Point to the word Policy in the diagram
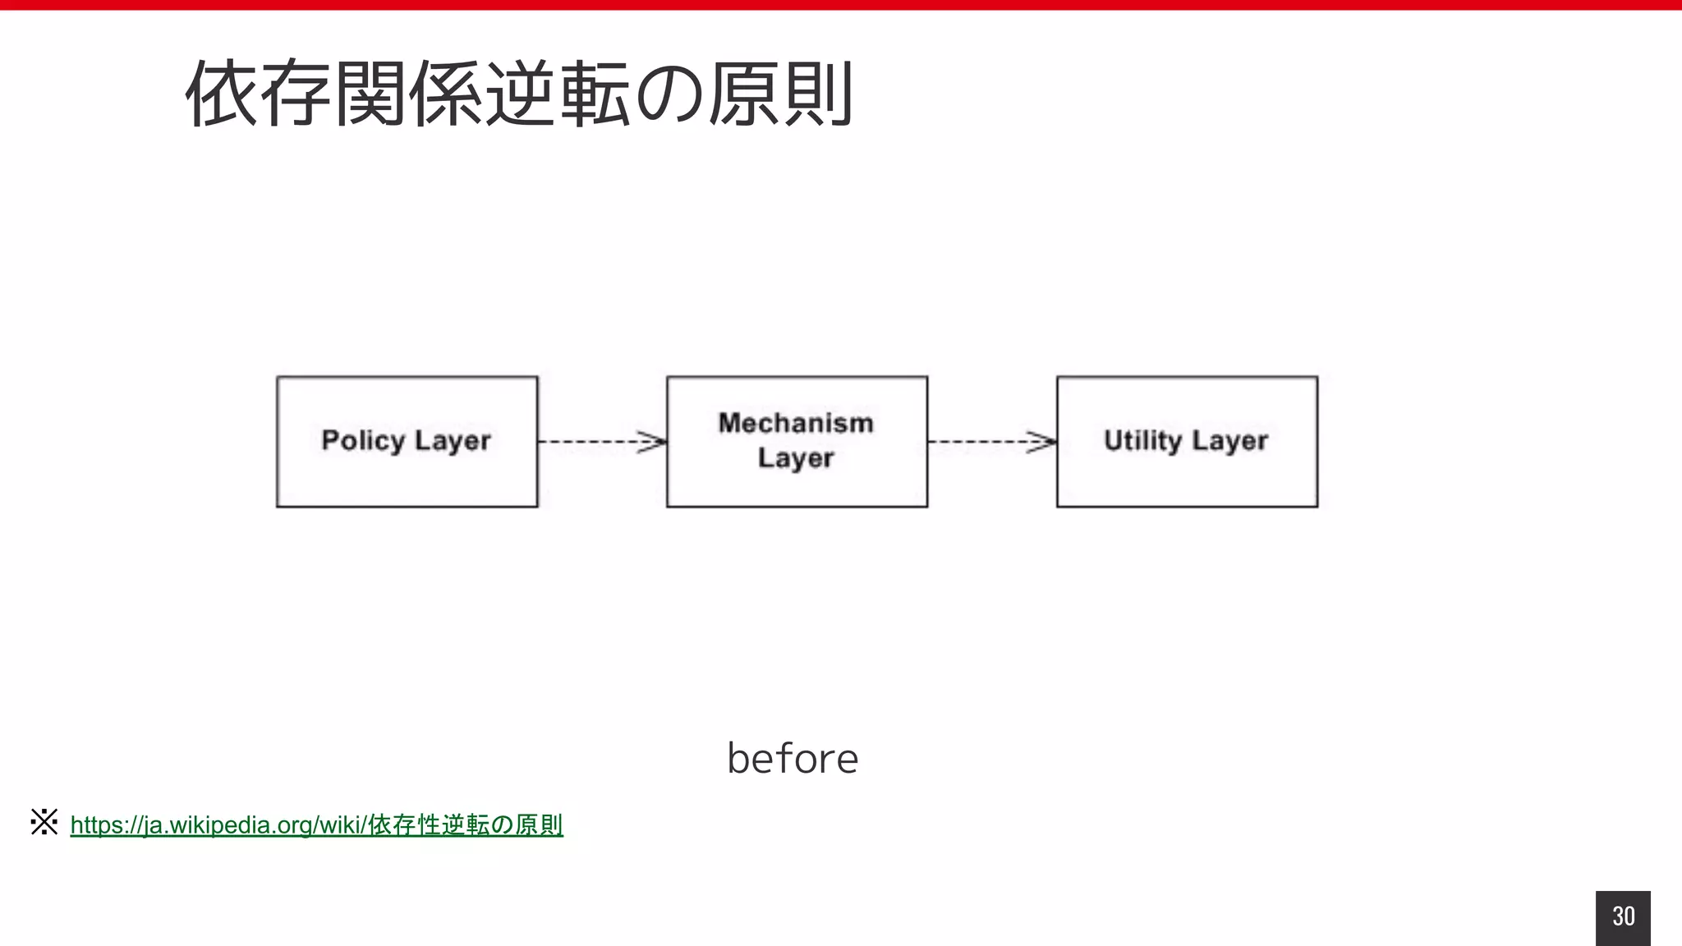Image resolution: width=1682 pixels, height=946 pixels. point(363,441)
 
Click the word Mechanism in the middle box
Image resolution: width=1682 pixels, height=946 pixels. point(796,423)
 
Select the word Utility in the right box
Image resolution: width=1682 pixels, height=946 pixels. point(1142,441)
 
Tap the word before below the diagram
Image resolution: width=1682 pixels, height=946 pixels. point(793,758)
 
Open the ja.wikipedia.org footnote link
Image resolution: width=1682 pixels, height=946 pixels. point(316,824)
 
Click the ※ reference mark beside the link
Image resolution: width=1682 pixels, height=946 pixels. point(44,822)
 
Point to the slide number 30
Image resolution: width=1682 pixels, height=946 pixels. point(1623,916)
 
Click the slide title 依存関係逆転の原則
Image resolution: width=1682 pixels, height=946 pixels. point(519,94)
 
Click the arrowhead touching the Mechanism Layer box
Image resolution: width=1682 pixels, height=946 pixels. point(654,442)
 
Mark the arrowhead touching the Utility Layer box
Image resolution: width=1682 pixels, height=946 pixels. point(1044,442)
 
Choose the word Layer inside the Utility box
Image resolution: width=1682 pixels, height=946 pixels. point(1229,441)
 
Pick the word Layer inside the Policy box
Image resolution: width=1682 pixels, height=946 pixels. point(453,441)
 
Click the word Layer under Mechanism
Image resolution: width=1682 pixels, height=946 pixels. point(796,458)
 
